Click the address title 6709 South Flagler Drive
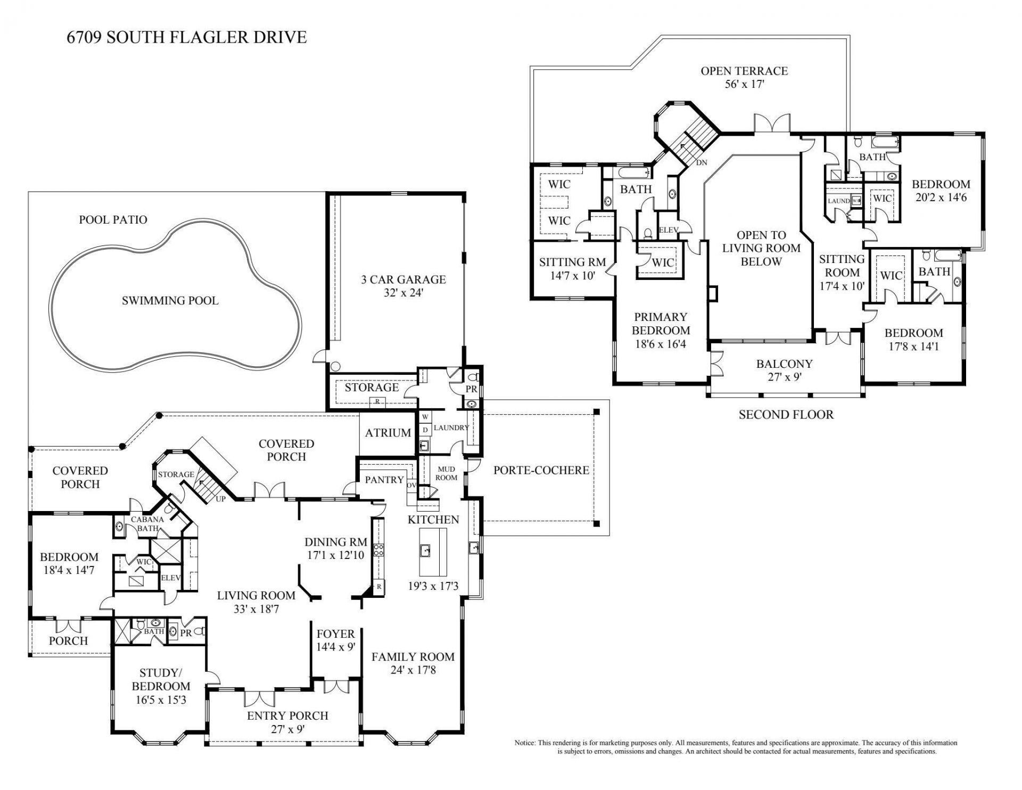click(186, 37)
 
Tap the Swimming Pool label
click(170, 301)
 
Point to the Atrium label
click(388, 433)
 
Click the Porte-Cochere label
click(541, 470)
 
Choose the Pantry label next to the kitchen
click(384, 480)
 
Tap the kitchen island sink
click(425, 550)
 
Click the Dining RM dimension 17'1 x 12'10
click(335, 555)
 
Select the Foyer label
click(335, 634)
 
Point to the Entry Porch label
click(287, 716)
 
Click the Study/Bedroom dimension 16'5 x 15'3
click(161, 700)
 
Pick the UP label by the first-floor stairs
click(220, 499)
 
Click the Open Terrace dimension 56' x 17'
click(744, 84)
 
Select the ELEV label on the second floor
click(669, 231)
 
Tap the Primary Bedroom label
click(661, 324)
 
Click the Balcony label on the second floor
click(784, 364)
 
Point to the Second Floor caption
click(786, 414)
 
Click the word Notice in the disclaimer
click(525, 743)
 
